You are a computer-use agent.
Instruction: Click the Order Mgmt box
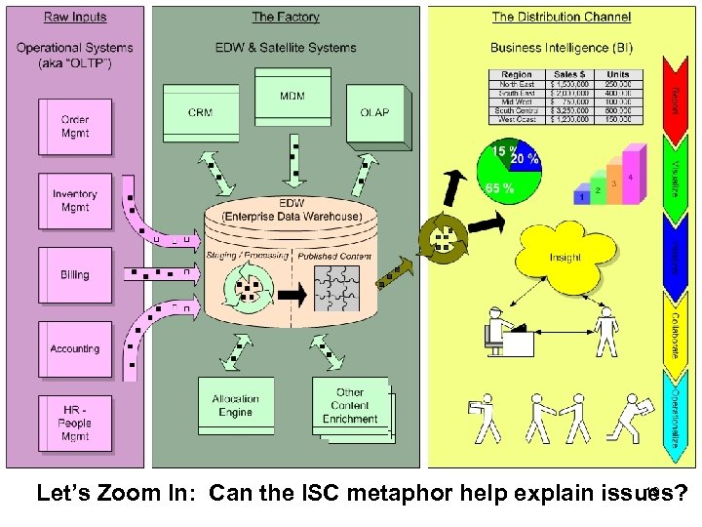74,127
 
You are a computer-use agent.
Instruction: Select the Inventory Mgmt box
74,201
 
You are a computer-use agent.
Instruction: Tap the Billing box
74,275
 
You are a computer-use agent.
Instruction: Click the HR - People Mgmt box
74,424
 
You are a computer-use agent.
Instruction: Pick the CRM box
201,112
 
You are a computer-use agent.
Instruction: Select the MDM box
292,98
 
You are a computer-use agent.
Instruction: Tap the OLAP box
374,112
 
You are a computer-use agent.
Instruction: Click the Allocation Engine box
235,406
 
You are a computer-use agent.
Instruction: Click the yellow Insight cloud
565,256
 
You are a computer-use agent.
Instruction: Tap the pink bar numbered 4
633,176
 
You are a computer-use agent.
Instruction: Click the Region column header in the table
517,74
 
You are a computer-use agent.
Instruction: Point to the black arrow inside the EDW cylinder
290,293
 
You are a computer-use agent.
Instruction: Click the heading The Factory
285,17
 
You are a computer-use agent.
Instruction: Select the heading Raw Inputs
75,17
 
